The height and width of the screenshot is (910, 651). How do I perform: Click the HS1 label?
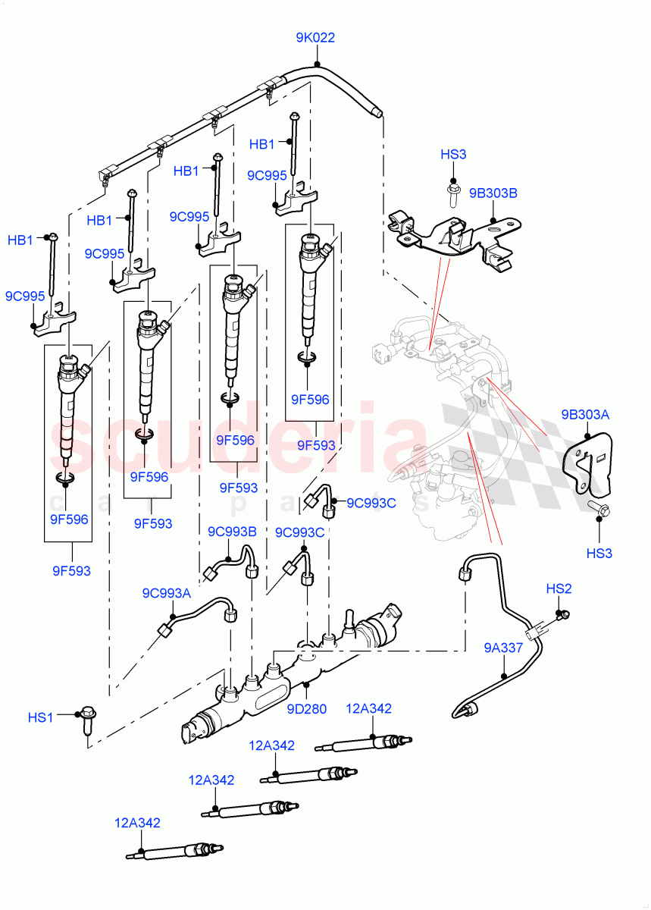[x=42, y=716]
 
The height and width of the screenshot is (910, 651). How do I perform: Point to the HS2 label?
[x=559, y=588]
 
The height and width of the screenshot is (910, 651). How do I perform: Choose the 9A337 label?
[x=503, y=648]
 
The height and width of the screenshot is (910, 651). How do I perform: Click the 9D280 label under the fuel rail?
[x=306, y=710]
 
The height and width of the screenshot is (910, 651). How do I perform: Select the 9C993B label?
[x=232, y=532]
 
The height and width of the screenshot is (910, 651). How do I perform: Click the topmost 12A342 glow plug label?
[x=369, y=709]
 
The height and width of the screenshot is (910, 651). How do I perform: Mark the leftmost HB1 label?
[x=20, y=240]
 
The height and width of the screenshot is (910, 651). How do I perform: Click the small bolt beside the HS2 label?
[x=562, y=615]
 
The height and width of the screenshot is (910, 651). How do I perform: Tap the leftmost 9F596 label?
[x=69, y=519]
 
